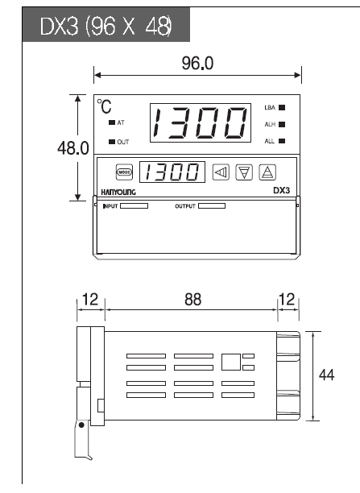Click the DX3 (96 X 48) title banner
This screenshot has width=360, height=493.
point(106,24)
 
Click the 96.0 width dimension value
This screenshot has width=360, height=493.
point(197,63)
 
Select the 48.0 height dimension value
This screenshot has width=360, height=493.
point(73,147)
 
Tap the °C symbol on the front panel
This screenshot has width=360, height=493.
point(104,106)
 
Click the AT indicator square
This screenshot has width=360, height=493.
point(112,122)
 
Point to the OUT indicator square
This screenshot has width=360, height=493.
point(112,142)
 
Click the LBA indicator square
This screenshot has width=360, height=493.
point(282,107)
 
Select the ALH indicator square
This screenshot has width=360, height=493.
point(282,125)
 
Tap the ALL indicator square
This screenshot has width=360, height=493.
point(282,141)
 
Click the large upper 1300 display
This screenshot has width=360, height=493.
point(201,122)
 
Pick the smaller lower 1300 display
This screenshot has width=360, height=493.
point(172,172)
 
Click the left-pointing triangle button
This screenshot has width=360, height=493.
point(221,172)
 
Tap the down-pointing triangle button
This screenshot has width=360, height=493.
point(244,172)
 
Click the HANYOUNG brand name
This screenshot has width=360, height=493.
point(118,192)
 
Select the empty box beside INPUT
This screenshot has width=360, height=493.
point(134,206)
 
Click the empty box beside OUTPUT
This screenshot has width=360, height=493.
point(212,206)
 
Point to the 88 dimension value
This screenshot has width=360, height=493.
point(192,300)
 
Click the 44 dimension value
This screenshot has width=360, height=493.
point(327,375)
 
